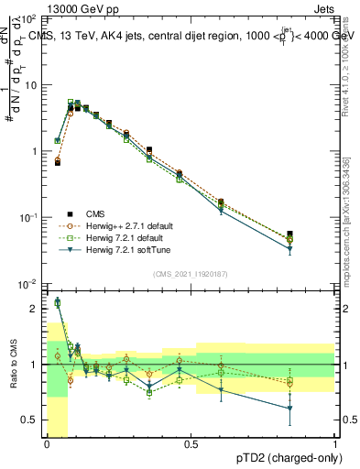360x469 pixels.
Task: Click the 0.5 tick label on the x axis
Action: click(191, 444)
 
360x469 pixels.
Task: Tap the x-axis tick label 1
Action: click(335, 444)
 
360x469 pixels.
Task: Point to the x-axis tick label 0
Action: click(47, 444)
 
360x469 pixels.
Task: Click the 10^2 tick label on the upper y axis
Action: click(28, 19)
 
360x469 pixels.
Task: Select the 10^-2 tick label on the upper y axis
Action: click(28, 284)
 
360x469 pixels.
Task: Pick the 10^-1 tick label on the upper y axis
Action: click(28, 218)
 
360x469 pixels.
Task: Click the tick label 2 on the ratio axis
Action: click(35, 309)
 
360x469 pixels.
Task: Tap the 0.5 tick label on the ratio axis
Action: click(31, 420)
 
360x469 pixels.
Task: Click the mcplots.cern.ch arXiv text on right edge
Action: click(345, 220)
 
